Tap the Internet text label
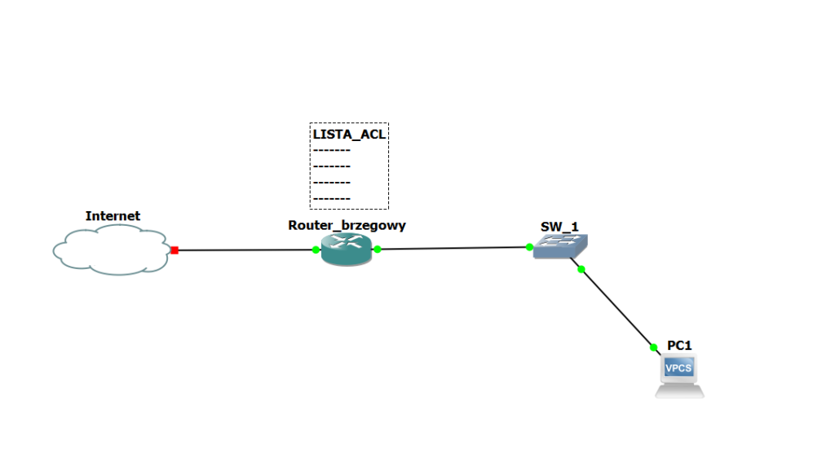(x=113, y=216)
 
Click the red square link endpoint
(x=175, y=250)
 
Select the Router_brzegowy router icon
(x=346, y=249)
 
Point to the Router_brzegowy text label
(x=347, y=225)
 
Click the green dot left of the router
(x=316, y=250)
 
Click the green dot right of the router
(x=378, y=249)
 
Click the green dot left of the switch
(x=529, y=246)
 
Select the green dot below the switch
(x=581, y=269)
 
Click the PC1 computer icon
(x=679, y=376)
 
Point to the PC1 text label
(x=679, y=345)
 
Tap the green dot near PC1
(x=653, y=347)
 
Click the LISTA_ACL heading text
(x=349, y=135)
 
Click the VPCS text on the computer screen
(x=678, y=369)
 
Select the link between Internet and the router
(x=245, y=250)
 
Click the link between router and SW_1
(x=453, y=248)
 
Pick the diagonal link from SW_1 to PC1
(x=617, y=308)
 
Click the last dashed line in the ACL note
(x=332, y=198)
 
